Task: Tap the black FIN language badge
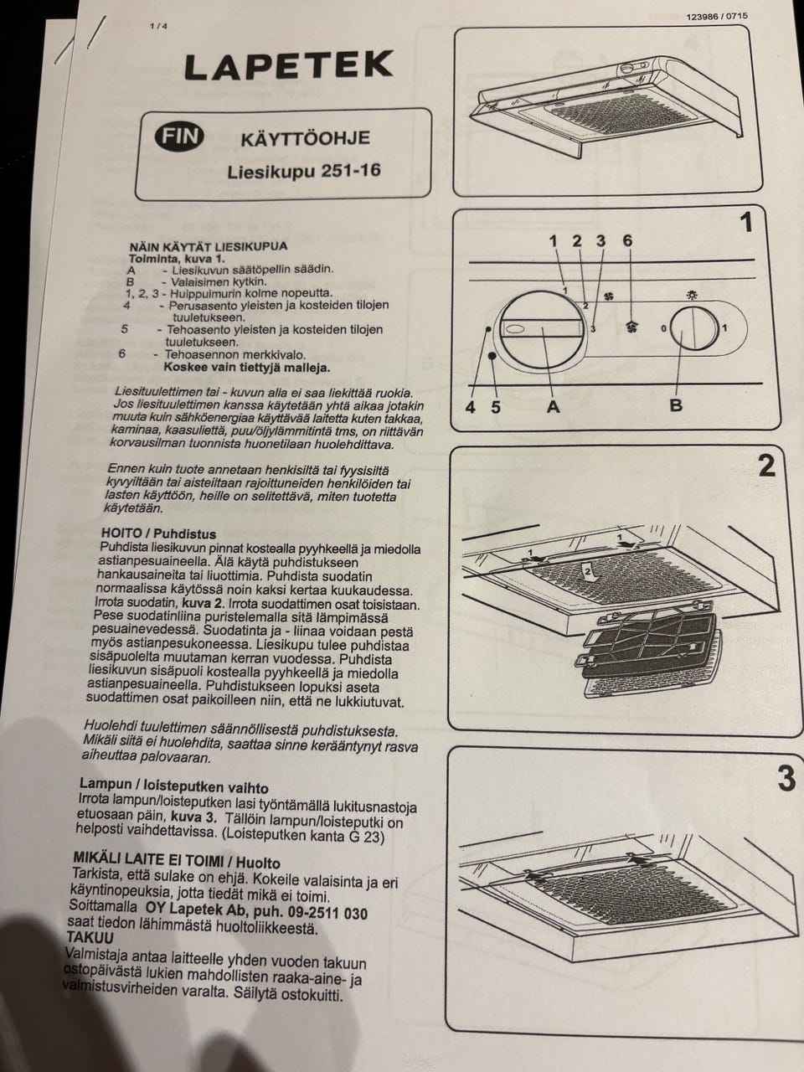coord(179,137)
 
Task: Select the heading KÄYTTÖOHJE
coord(305,139)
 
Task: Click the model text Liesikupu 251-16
coord(304,171)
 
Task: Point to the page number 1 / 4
coord(158,27)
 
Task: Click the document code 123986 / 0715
coord(717,16)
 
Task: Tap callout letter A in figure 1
coord(553,406)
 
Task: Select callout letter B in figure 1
coord(676,405)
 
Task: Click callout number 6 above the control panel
coord(628,240)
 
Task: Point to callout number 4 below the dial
coord(470,407)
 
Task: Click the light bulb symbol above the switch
coord(692,296)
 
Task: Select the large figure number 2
coord(767,466)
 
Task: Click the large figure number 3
coord(786,779)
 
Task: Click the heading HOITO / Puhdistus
coord(158,533)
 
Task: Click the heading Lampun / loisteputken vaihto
coord(174,786)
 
